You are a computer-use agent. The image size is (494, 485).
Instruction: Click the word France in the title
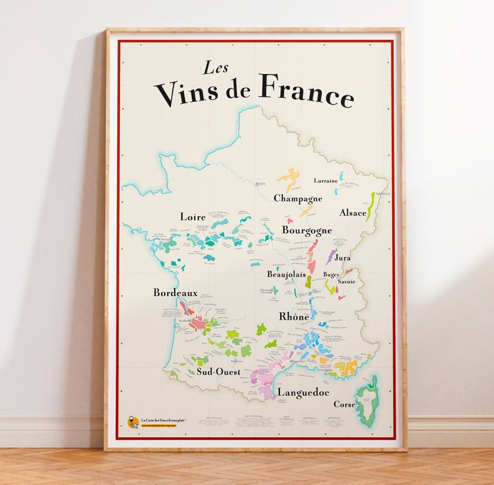click(x=307, y=90)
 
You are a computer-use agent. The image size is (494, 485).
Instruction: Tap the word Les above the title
click(x=216, y=68)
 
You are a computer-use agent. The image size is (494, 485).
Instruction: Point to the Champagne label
click(x=298, y=198)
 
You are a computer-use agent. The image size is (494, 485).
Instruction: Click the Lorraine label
click(x=325, y=181)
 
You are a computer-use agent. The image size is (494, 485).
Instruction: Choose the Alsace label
click(x=353, y=213)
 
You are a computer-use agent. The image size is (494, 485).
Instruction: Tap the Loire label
click(x=193, y=216)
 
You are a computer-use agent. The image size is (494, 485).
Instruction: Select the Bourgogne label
click(x=307, y=230)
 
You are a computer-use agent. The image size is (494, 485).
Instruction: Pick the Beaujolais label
click(x=286, y=274)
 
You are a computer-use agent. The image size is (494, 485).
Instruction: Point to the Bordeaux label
click(x=175, y=292)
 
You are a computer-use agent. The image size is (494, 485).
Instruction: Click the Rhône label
click(x=294, y=316)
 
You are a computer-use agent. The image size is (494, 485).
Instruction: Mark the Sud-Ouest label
click(x=218, y=372)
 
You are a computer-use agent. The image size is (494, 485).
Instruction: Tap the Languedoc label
click(x=303, y=392)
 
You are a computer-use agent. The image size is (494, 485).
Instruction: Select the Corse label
click(x=344, y=404)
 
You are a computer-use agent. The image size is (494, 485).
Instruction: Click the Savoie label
click(x=347, y=282)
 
